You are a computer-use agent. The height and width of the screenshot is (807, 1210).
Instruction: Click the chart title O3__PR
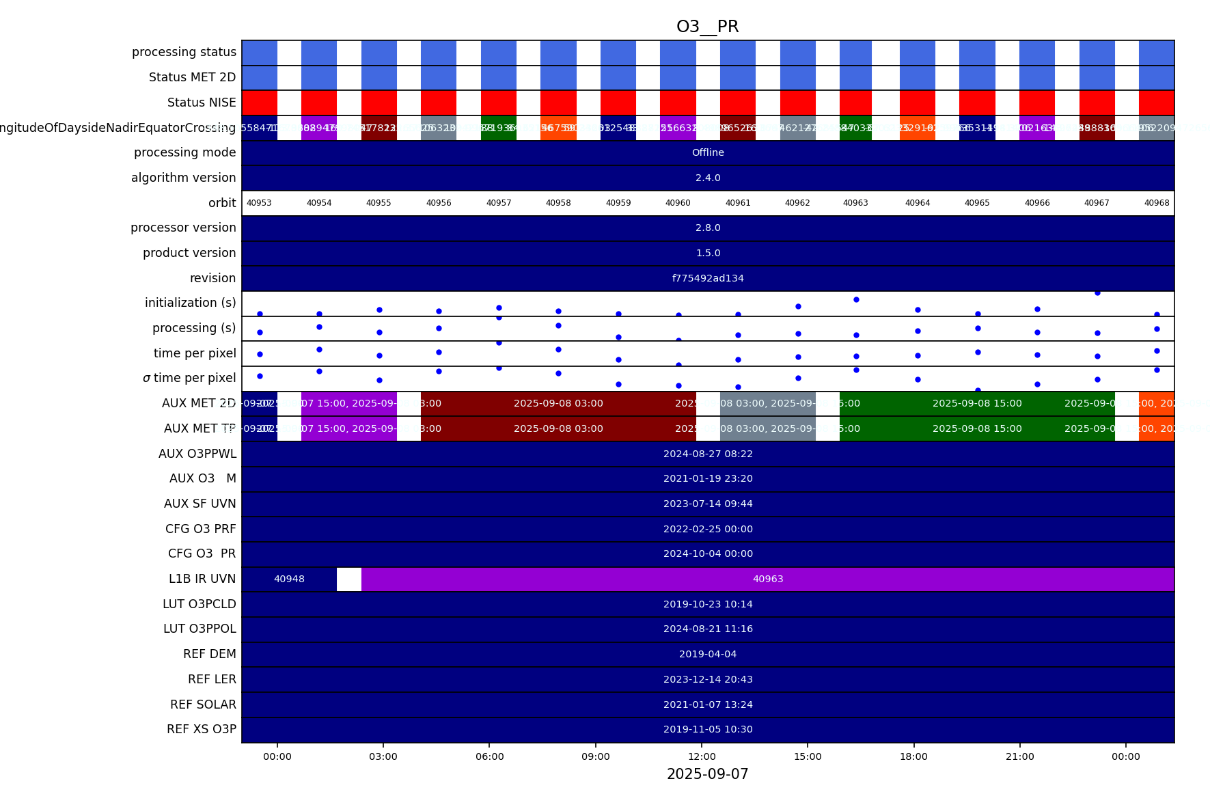coord(707,27)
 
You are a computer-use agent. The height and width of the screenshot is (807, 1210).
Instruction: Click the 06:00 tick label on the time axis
coord(489,756)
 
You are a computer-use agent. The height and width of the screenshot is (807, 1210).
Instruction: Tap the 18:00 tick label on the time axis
coord(913,756)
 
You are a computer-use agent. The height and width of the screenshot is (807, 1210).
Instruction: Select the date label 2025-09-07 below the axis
coord(707,774)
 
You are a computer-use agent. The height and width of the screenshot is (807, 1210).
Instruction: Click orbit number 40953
coord(259,203)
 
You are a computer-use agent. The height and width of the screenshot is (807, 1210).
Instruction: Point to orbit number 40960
coord(678,203)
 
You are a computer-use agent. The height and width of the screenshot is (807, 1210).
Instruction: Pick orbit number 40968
coord(1157,203)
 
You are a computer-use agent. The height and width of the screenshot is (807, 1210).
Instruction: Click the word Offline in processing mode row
coord(708,152)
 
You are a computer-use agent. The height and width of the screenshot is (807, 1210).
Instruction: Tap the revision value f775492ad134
coord(708,278)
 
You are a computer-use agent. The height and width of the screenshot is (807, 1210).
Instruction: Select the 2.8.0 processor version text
coord(708,228)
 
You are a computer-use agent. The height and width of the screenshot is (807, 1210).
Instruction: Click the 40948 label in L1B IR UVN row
coord(289,579)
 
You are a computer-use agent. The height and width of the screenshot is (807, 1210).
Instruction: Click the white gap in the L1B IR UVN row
coord(349,579)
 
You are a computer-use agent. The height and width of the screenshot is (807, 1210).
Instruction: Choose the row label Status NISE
coord(202,102)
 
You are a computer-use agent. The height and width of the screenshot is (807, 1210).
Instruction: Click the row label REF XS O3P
coord(202,729)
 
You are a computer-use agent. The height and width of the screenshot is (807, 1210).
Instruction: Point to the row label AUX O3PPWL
coord(197,454)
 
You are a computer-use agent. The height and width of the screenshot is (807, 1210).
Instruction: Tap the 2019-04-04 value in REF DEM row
coord(708,654)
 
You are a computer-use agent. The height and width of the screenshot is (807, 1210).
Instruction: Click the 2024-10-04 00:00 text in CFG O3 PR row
coord(708,553)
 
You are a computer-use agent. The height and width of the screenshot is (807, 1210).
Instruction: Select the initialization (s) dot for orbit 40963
coord(856,299)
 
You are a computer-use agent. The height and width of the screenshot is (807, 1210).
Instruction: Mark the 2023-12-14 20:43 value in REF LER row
coord(708,679)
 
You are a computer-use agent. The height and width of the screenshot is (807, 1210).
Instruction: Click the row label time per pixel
coord(195,353)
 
